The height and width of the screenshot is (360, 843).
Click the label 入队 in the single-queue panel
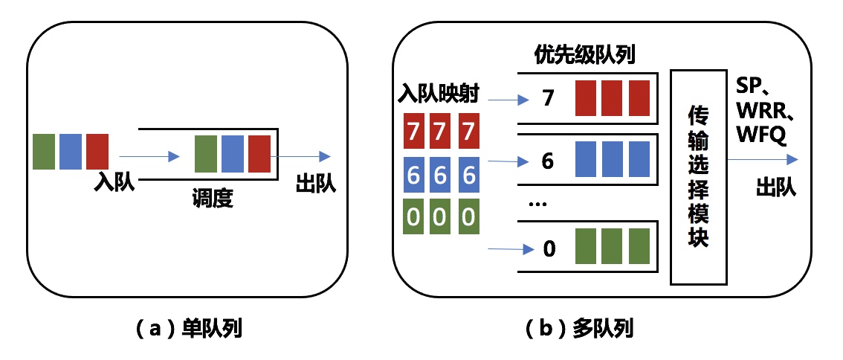click(114, 182)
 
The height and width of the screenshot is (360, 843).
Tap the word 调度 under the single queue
click(213, 199)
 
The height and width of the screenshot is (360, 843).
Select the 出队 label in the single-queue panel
click(316, 182)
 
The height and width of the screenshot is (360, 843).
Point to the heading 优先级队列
click(584, 55)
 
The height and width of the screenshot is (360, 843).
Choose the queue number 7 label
click(549, 97)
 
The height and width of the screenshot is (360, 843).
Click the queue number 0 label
click(549, 248)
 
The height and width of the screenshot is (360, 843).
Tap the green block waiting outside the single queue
click(45, 151)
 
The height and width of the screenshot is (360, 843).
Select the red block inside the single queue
click(259, 154)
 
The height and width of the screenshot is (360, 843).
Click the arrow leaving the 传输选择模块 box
click(762, 159)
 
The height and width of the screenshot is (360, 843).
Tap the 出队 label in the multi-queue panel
click(776, 187)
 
